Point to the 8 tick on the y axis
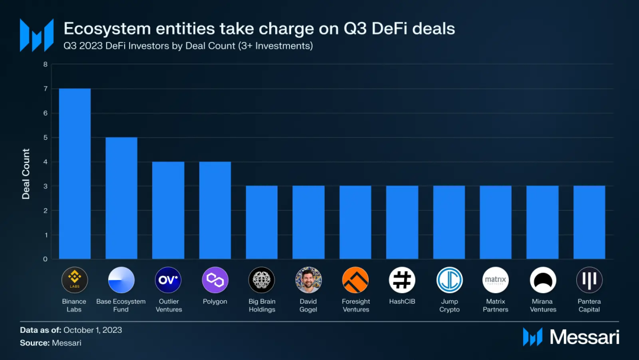tap(45, 64)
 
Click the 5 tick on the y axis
tap(45, 137)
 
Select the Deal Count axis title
tap(26, 174)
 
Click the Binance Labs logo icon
tap(75, 280)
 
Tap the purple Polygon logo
tap(215, 280)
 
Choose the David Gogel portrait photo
tap(308, 280)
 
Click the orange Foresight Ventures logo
tap(355, 280)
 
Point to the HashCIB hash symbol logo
tap(402, 280)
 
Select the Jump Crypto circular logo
tap(449, 280)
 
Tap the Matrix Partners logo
tap(496, 280)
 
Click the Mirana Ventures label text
tap(543, 306)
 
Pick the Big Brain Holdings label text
tap(262, 306)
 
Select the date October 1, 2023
tap(93, 330)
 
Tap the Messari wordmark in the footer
tap(585, 336)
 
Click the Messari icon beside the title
tap(37, 35)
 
